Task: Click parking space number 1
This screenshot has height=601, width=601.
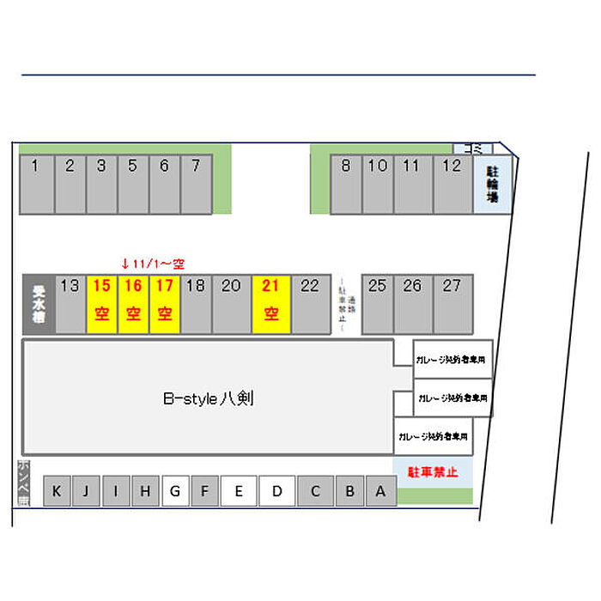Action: (x=36, y=184)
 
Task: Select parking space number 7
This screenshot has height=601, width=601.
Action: (x=196, y=184)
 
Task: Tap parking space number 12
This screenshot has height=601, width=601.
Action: (x=452, y=184)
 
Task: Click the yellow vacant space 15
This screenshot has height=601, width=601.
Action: (x=101, y=303)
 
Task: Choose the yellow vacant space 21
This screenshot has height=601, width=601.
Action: (x=271, y=303)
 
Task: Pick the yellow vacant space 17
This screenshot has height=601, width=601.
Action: (x=164, y=303)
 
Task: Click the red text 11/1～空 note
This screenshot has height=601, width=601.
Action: (x=154, y=263)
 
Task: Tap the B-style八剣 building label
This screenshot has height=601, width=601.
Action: (x=208, y=398)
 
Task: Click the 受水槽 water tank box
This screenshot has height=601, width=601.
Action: (x=39, y=303)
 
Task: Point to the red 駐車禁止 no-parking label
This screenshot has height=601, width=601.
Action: (x=433, y=471)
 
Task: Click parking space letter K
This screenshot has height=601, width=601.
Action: (x=57, y=492)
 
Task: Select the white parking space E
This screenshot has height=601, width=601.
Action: (x=239, y=492)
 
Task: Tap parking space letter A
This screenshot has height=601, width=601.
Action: (x=380, y=492)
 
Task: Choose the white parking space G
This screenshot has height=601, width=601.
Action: (x=175, y=492)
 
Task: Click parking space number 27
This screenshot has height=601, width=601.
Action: (x=452, y=303)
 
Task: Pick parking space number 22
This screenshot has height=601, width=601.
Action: (x=310, y=303)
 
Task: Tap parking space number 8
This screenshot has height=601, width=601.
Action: (x=346, y=184)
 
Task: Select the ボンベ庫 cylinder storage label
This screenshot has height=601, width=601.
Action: (x=22, y=483)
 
